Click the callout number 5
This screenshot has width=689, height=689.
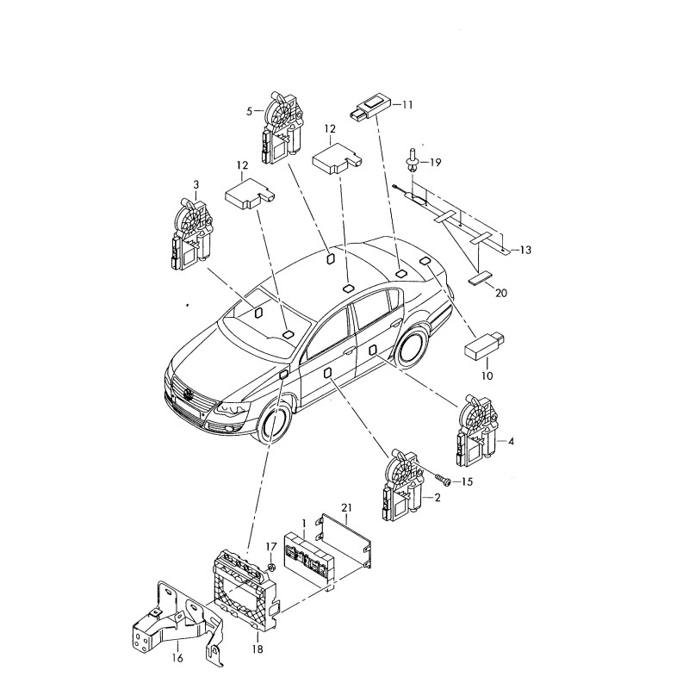coord(251,111)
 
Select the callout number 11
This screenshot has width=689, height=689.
coord(407,104)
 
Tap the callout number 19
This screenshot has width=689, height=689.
coord(435,162)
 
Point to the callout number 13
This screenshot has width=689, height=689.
coord(525,250)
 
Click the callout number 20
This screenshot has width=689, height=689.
coord(501,293)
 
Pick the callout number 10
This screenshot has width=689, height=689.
coord(487,376)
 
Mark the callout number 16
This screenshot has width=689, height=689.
coord(177,659)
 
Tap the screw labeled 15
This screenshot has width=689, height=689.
coord(444,480)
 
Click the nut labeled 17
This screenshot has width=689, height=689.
coord(270,567)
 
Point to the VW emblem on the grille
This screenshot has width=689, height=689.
coord(187,395)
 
